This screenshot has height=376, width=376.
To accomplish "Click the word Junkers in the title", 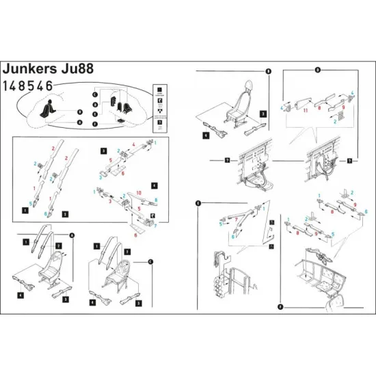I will coord(33,70).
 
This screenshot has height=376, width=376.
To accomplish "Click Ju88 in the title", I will coord(81,70).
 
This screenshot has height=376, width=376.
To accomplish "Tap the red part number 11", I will coord(305,109).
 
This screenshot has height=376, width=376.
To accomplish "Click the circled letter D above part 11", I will coord(317,70).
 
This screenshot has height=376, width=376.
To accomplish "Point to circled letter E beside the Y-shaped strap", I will coord(198,203).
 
